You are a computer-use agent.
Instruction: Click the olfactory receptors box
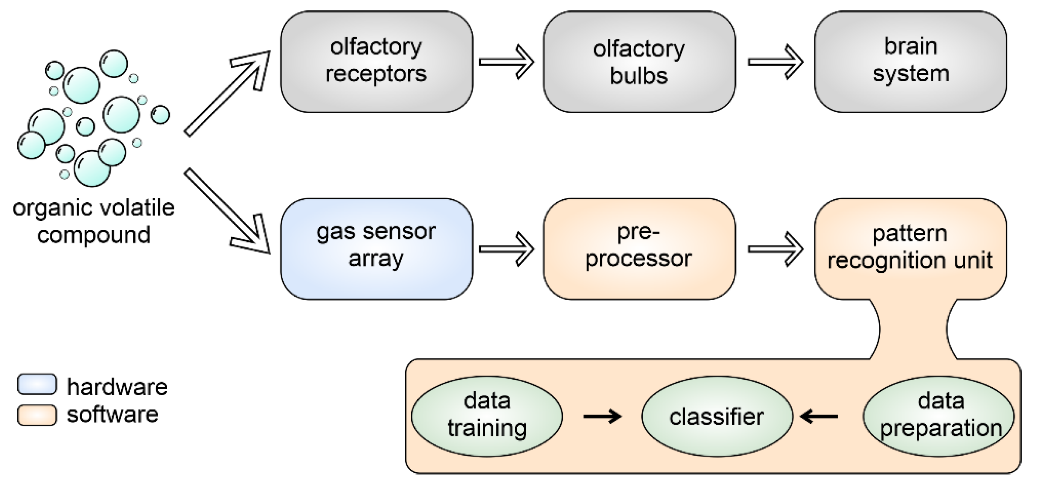click(x=376, y=61)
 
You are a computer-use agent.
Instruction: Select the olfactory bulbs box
click(x=639, y=61)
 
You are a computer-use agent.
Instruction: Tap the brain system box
click(x=910, y=61)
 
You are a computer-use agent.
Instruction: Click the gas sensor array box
click(x=376, y=249)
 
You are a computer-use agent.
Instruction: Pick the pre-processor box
click(x=639, y=249)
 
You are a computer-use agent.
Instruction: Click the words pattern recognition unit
click(x=910, y=247)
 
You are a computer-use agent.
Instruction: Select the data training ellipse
click(x=487, y=416)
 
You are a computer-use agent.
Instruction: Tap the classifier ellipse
click(x=717, y=416)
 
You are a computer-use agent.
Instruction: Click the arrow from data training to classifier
click(x=602, y=416)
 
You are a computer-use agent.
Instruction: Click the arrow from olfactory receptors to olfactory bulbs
click(x=507, y=62)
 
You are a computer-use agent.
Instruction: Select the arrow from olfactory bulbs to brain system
click(x=775, y=62)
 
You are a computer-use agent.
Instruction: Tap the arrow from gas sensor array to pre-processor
click(x=507, y=249)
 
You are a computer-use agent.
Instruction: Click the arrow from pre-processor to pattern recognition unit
click(x=775, y=249)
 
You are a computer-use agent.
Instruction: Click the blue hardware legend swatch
click(x=37, y=384)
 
